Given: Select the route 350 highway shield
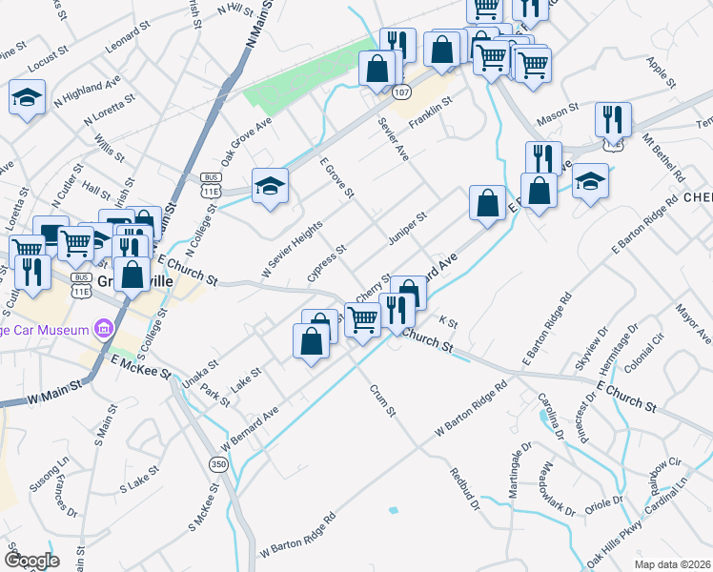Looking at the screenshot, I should [x=218, y=463].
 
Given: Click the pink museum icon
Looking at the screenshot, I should [x=104, y=330].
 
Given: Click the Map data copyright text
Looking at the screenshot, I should [x=672, y=562].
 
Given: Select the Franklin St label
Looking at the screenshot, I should [x=430, y=114].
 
